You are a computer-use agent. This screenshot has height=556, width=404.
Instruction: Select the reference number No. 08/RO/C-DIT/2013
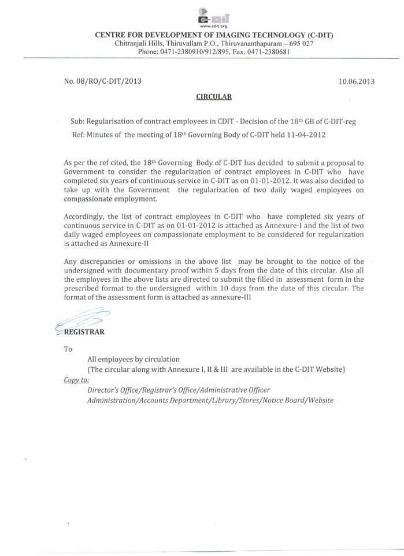(x=103, y=81)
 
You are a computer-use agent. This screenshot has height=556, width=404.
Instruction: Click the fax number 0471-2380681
(x=268, y=52)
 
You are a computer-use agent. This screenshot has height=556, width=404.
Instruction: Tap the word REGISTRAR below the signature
(x=84, y=333)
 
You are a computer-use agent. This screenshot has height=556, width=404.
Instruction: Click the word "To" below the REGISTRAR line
(x=68, y=349)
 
